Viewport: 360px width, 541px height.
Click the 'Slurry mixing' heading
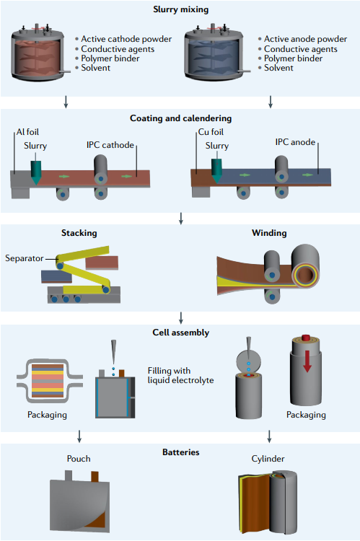pos(180,9)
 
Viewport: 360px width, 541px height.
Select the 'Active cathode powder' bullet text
pos(126,39)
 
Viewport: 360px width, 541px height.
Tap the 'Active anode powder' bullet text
pos(305,39)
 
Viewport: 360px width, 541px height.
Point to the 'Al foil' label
pos(27,132)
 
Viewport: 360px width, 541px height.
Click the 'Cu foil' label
pos(211,132)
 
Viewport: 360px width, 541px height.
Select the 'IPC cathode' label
pos(110,145)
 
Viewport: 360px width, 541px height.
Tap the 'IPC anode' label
pos(295,142)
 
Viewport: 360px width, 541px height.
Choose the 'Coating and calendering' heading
pos(180,118)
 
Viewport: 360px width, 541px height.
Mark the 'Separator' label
pos(24,258)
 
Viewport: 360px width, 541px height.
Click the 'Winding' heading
pos(269,233)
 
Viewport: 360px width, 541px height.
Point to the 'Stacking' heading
pos(79,233)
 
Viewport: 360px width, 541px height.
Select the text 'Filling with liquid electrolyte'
pos(180,375)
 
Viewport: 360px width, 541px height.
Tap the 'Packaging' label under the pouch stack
pos(47,415)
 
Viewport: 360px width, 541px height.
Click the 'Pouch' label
pos(79,459)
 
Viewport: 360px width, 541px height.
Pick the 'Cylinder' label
pos(268,459)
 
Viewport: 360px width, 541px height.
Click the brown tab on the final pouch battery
pos(95,477)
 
